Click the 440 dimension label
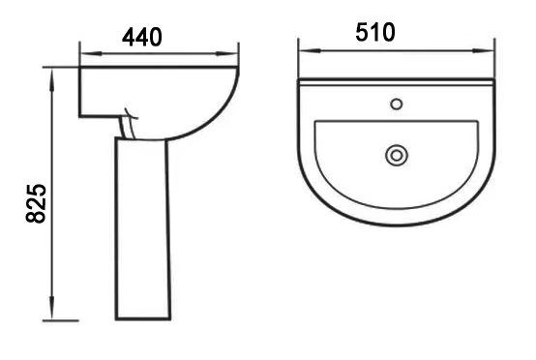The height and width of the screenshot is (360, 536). point(142,37)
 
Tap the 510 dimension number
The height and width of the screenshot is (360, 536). point(375,33)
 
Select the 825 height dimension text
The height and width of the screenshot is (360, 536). point(36,203)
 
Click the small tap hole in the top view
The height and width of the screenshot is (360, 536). point(397,104)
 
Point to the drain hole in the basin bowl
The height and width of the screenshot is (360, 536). point(397,156)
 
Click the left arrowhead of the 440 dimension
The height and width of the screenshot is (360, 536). point(91,53)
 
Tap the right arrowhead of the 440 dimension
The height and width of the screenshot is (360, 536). point(227,53)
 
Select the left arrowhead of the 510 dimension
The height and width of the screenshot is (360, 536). point(310,50)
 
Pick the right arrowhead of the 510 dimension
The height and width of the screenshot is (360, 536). point(484,50)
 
